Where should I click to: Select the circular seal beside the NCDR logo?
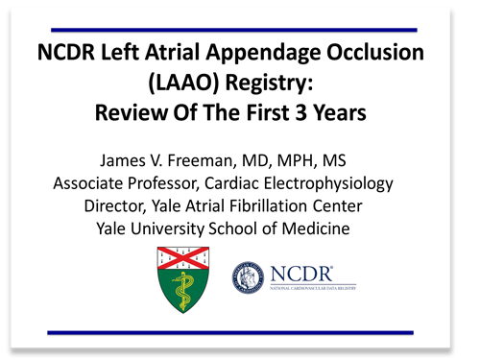pyautogui.click(x=253, y=281)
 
